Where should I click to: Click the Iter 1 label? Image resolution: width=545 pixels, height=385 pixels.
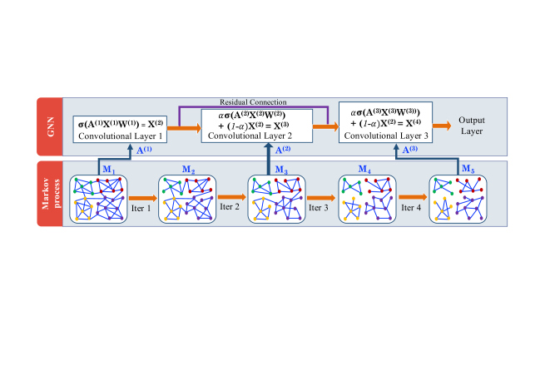coord(144,208)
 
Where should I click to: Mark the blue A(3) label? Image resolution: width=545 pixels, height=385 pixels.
coord(410,151)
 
